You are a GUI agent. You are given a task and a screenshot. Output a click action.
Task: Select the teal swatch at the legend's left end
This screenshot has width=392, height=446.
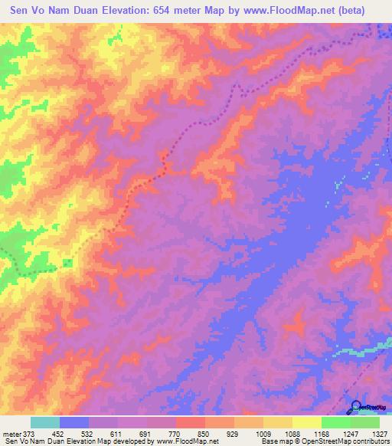tap(45, 422)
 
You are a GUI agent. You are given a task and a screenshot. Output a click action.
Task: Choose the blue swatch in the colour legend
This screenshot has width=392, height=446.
tap(74, 422)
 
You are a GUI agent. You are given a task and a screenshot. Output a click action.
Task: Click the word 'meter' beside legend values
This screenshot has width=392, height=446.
tap(11, 433)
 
